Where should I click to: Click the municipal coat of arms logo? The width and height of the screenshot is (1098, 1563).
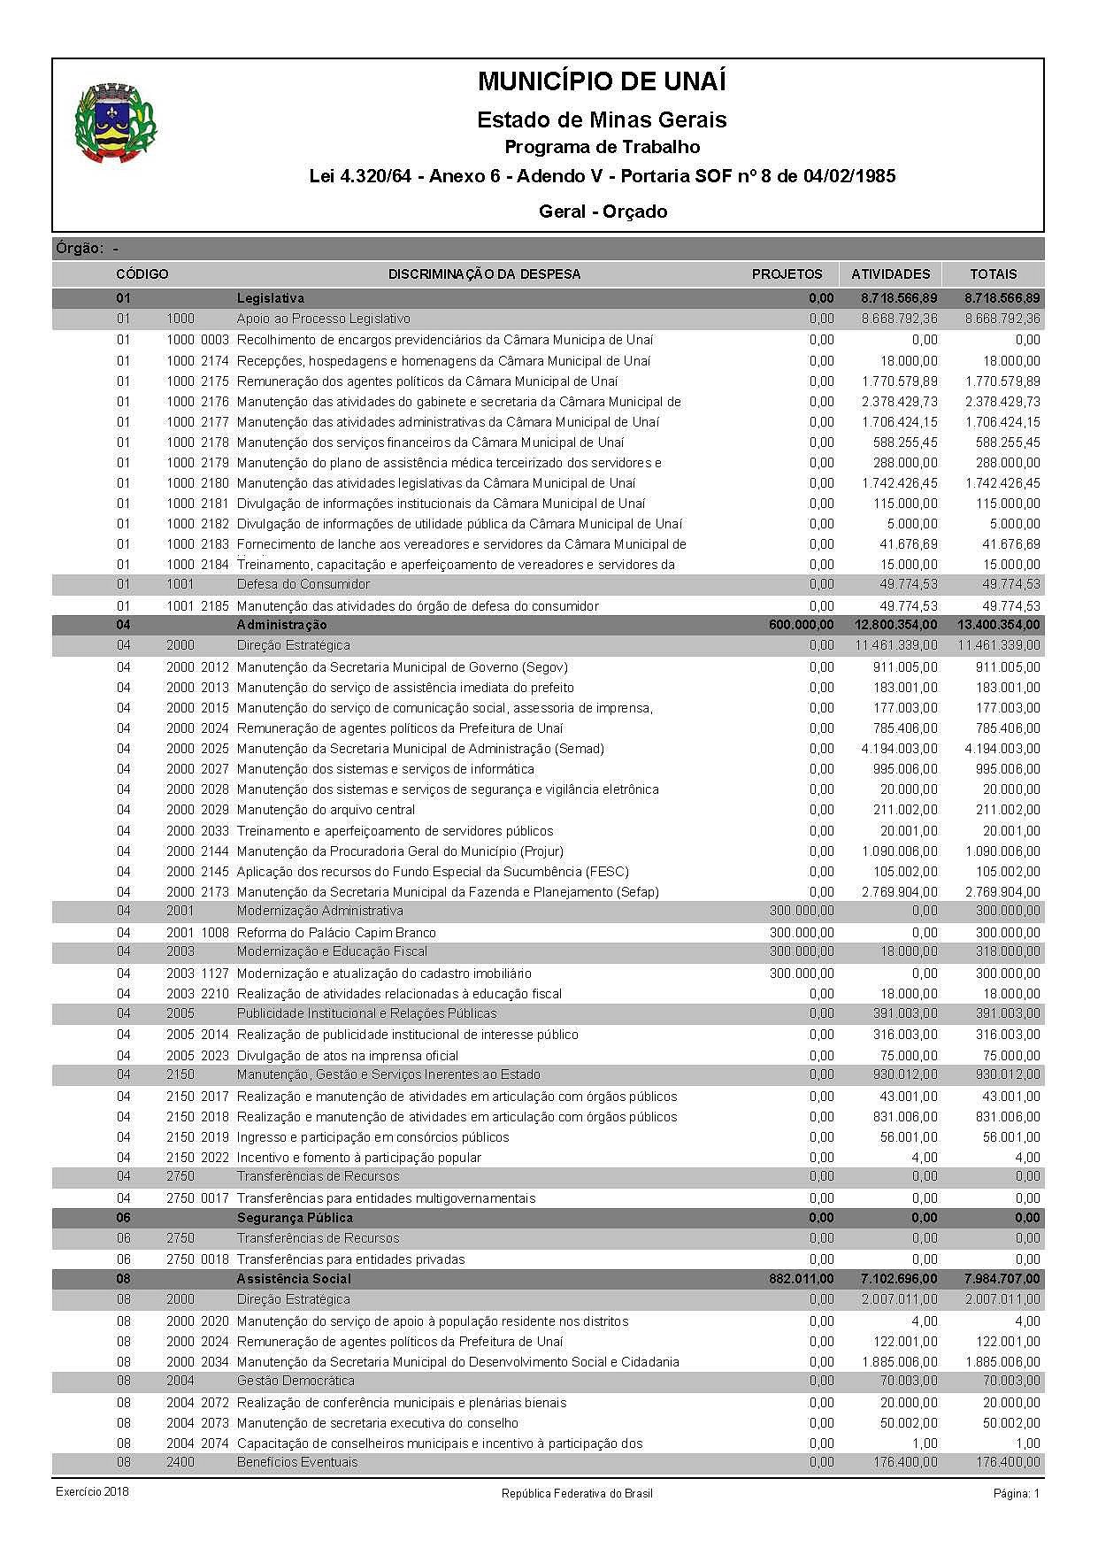117,123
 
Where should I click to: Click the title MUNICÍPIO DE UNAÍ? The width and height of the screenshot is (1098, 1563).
602,82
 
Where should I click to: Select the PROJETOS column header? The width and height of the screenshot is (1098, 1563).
787,274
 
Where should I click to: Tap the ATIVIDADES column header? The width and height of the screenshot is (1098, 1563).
890,274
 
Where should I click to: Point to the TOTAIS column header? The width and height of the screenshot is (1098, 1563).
993,274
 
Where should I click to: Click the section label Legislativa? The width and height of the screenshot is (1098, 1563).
270,298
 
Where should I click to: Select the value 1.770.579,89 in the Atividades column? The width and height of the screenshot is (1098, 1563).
899,381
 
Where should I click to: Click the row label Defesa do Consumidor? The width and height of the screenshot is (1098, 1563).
303,584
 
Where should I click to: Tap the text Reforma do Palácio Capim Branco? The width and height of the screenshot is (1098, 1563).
336,933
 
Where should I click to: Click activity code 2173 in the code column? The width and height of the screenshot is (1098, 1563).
214,892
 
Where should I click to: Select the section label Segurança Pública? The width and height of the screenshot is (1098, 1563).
295,1218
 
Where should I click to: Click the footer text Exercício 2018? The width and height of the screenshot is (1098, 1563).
92,1492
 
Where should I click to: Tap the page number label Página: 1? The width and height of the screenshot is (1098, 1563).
1017,1494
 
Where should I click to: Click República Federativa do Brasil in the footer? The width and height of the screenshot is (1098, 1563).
577,1494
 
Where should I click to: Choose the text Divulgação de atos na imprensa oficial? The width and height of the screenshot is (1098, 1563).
348,1056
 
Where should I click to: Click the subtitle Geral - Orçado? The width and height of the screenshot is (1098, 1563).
602,212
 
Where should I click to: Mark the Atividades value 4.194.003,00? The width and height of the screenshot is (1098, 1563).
899,749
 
